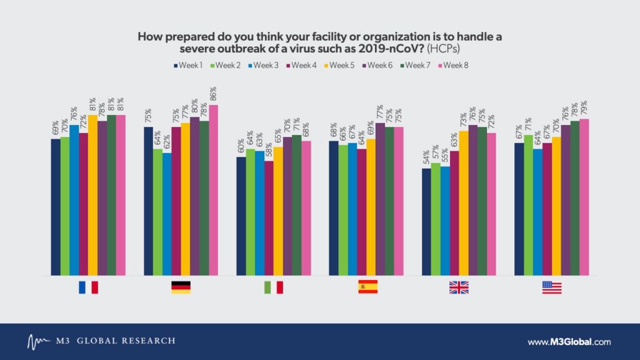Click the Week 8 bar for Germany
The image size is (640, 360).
(214, 190)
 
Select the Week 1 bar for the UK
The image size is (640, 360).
(426, 222)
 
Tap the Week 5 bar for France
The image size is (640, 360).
(92, 195)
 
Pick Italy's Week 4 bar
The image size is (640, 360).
(269, 218)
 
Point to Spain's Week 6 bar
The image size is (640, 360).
(380, 199)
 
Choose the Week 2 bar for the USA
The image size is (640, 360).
(528, 205)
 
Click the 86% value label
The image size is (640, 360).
(213, 94)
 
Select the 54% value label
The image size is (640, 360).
(426, 157)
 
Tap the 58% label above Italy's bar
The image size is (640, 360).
(269, 150)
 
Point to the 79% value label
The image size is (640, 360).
(584, 107)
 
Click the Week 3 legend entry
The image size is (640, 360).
(263, 65)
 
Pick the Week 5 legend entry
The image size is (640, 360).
(339, 65)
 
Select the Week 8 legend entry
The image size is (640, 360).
(453, 65)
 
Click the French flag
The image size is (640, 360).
(89, 287)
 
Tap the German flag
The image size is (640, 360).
(181, 287)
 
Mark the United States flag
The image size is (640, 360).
(552, 287)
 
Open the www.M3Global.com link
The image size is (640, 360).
(569, 342)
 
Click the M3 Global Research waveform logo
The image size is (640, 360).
(39, 342)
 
